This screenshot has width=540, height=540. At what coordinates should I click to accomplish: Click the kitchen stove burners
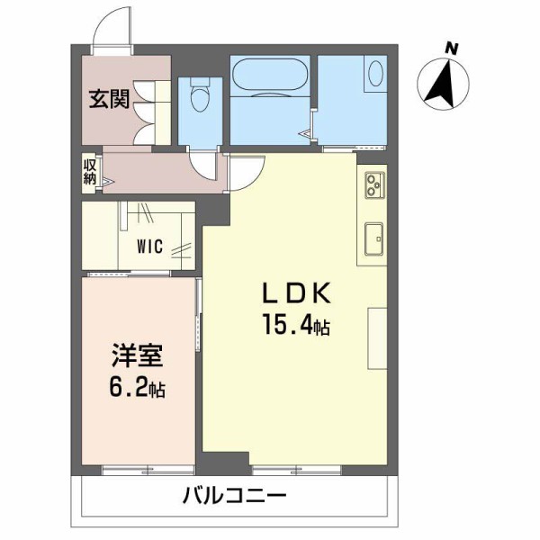[x=373, y=186]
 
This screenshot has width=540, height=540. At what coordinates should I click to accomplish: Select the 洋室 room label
[x=137, y=356]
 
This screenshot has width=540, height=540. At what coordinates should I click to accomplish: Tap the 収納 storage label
[x=89, y=170]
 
